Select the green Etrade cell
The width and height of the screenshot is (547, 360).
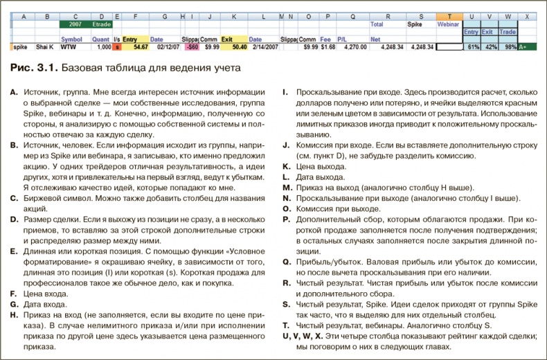click(104, 24)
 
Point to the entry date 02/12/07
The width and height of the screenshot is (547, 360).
click(169, 48)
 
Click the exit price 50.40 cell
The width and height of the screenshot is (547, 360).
click(237, 48)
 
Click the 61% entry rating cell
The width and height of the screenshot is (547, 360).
click(474, 48)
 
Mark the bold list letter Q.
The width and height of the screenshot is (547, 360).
click(287, 262)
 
